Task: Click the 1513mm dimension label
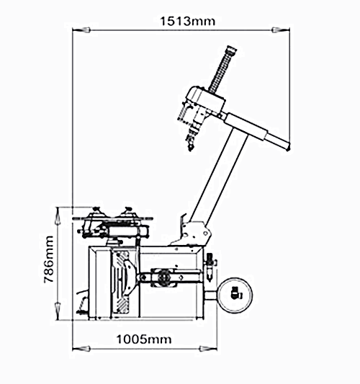pyautogui.click(x=188, y=21)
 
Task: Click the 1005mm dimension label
pyautogui.click(x=144, y=339)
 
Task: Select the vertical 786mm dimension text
pyautogui.click(x=48, y=259)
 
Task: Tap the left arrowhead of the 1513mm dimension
pyautogui.click(x=82, y=30)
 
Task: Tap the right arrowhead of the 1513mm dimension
pyautogui.click(x=281, y=30)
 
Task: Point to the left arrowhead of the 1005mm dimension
pyautogui.click(x=82, y=349)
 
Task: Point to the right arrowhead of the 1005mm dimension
pyautogui.click(x=208, y=349)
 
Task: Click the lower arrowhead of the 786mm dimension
pyautogui.click(x=58, y=311)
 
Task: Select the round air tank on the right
pyautogui.click(x=235, y=295)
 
